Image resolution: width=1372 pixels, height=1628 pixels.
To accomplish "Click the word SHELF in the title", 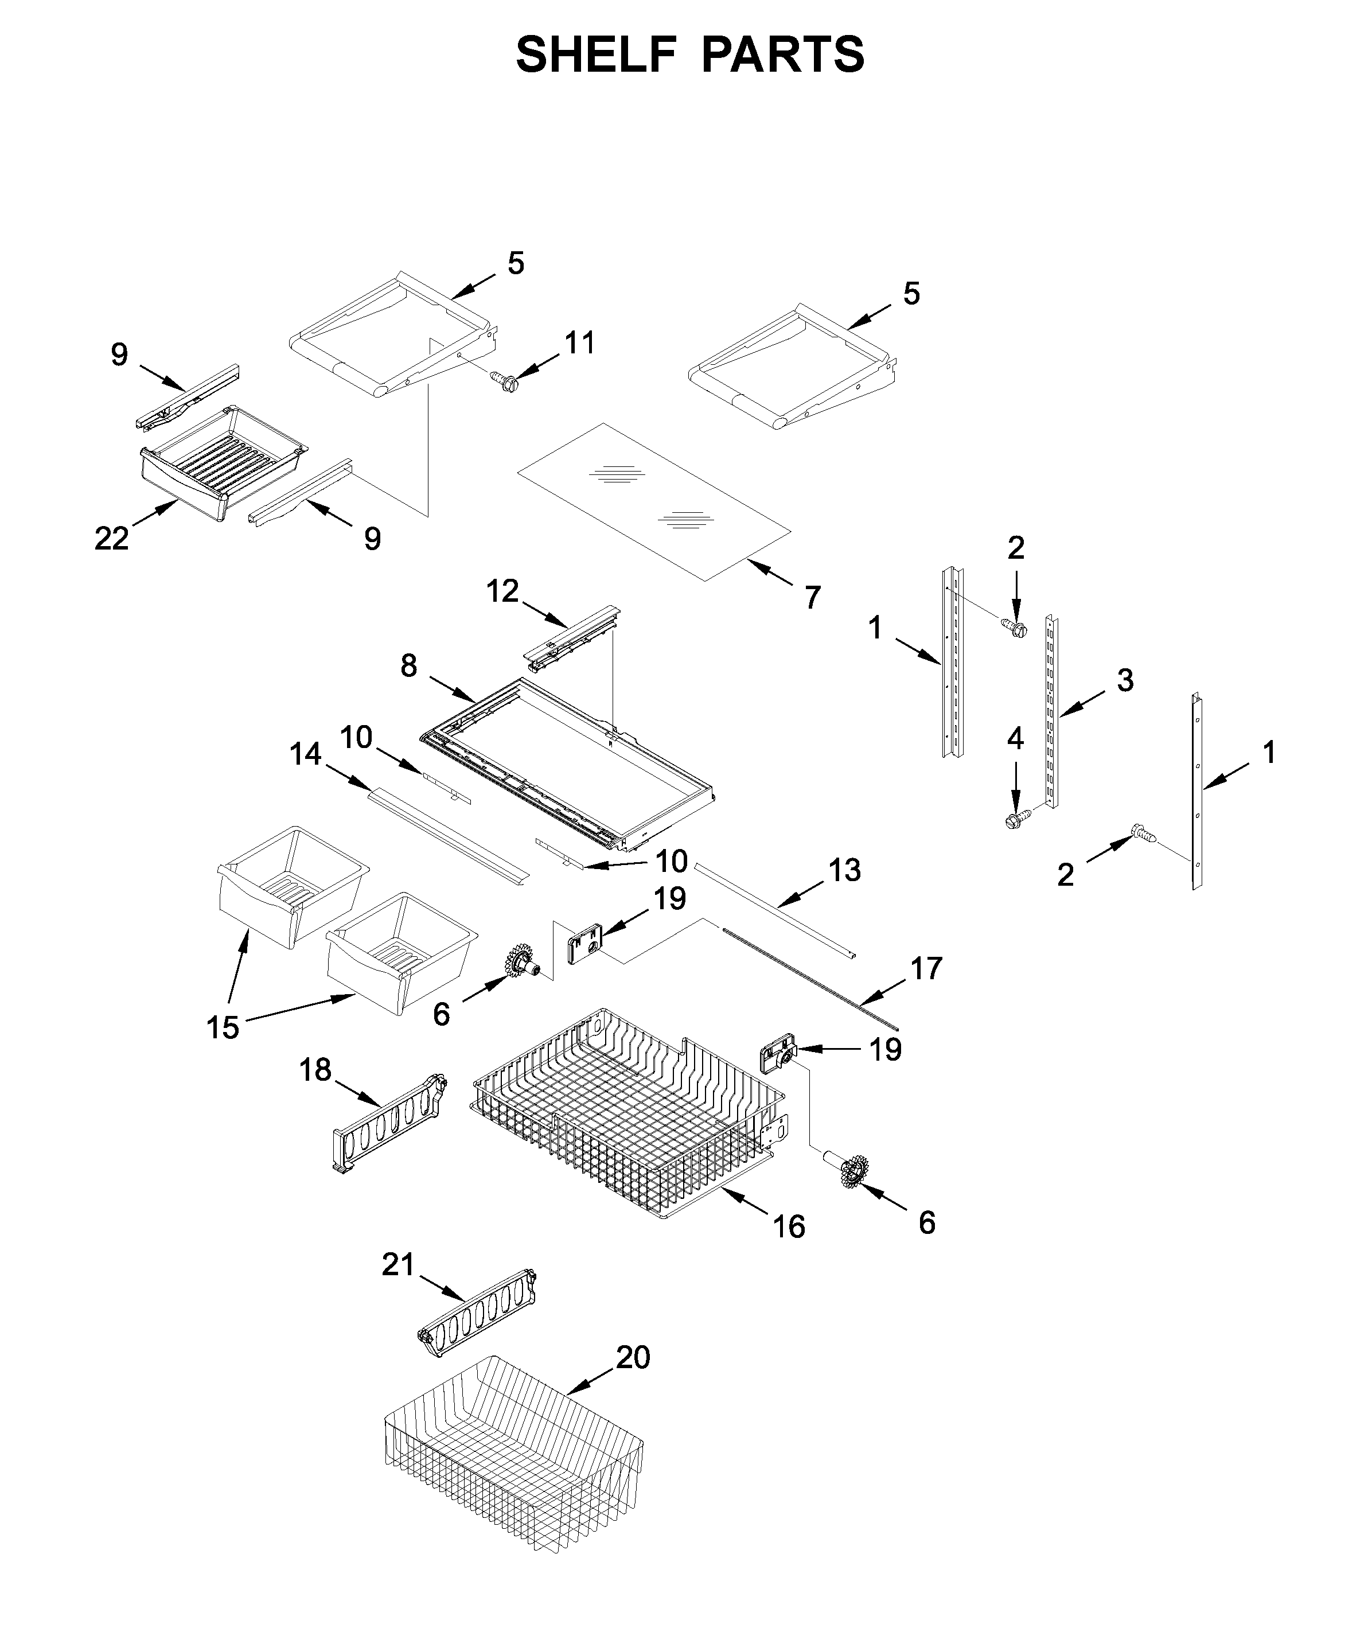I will click(x=597, y=54).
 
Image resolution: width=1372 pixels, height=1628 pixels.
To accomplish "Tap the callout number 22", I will click(x=111, y=538).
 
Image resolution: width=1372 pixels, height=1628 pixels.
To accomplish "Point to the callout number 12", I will click(x=502, y=591).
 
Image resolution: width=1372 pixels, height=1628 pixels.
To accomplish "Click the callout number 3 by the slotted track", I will click(x=1125, y=680).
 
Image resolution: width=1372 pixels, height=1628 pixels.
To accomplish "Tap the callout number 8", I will click(x=409, y=666).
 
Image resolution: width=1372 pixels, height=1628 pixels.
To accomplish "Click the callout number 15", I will click(x=223, y=1027).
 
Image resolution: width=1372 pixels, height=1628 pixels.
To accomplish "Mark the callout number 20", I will click(x=633, y=1357).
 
